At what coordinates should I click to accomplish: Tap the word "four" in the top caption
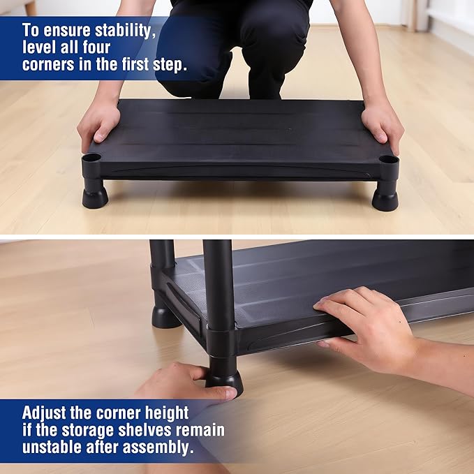(x=96, y=47)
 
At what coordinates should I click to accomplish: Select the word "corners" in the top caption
(x=48, y=64)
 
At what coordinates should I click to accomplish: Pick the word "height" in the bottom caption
(x=167, y=413)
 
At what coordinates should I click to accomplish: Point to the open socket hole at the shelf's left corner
(x=91, y=158)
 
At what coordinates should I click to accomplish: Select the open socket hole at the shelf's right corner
(x=388, y=159)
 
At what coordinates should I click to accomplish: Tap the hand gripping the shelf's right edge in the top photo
(x=383, y=125)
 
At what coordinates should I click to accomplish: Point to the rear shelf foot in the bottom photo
(x=166, y=318)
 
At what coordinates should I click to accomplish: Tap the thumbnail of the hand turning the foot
(x=232, y=393)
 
